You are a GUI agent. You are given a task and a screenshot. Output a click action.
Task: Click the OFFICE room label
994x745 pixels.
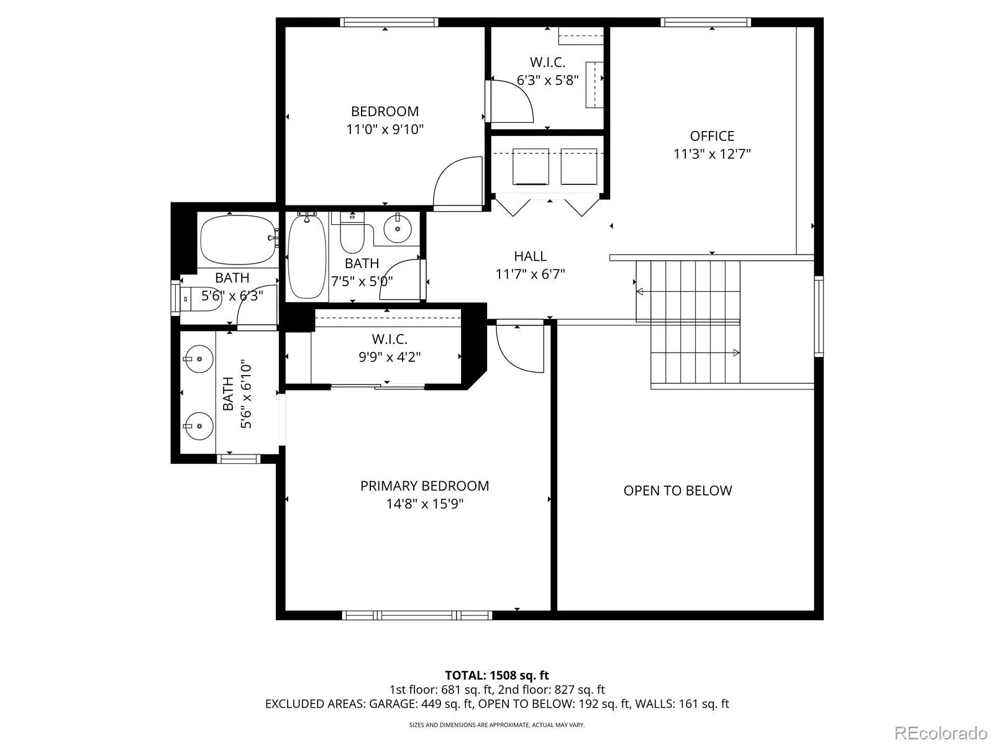[x=711, y=136]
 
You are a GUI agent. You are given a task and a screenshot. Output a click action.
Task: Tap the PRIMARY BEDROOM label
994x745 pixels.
[x=424, y=486]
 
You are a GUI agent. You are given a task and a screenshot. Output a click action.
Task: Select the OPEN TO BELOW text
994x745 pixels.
[x=677, y=491]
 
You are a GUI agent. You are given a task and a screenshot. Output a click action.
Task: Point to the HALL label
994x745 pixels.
[x=530, y=256]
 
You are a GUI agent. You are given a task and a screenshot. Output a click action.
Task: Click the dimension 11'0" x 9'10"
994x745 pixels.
[x=385, y=129]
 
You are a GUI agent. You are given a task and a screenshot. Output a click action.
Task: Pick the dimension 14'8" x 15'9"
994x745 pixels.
[x=424, y=504]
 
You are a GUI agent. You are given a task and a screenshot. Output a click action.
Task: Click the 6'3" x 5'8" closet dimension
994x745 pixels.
[x=547, y=81]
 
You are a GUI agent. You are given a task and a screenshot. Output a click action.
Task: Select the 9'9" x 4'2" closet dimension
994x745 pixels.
[x=390, y=358]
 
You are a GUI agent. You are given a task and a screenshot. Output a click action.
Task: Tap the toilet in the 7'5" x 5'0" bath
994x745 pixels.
[x=352, y=233]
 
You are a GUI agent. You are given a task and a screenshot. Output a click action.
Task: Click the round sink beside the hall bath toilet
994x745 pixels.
[x=398, y=228]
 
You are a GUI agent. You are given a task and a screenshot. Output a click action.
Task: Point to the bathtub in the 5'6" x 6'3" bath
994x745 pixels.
[x=238, y=240]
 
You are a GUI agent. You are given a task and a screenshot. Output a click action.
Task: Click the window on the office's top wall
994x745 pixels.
[x=706, y=22]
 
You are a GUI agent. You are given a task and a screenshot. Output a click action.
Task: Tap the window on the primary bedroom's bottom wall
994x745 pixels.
[x=417, y=615]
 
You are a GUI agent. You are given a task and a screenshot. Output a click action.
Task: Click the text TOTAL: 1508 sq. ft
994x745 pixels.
[x=497, y=675]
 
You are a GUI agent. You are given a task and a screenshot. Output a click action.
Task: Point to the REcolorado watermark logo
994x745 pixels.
[x=941, y=733]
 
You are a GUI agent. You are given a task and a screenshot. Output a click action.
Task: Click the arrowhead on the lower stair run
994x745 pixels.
[x=736, y=353]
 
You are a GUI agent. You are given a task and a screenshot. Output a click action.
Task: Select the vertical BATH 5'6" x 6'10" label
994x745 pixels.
[x=237, y=394]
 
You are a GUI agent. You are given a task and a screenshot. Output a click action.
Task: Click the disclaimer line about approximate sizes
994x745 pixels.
[x=497, y=725]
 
